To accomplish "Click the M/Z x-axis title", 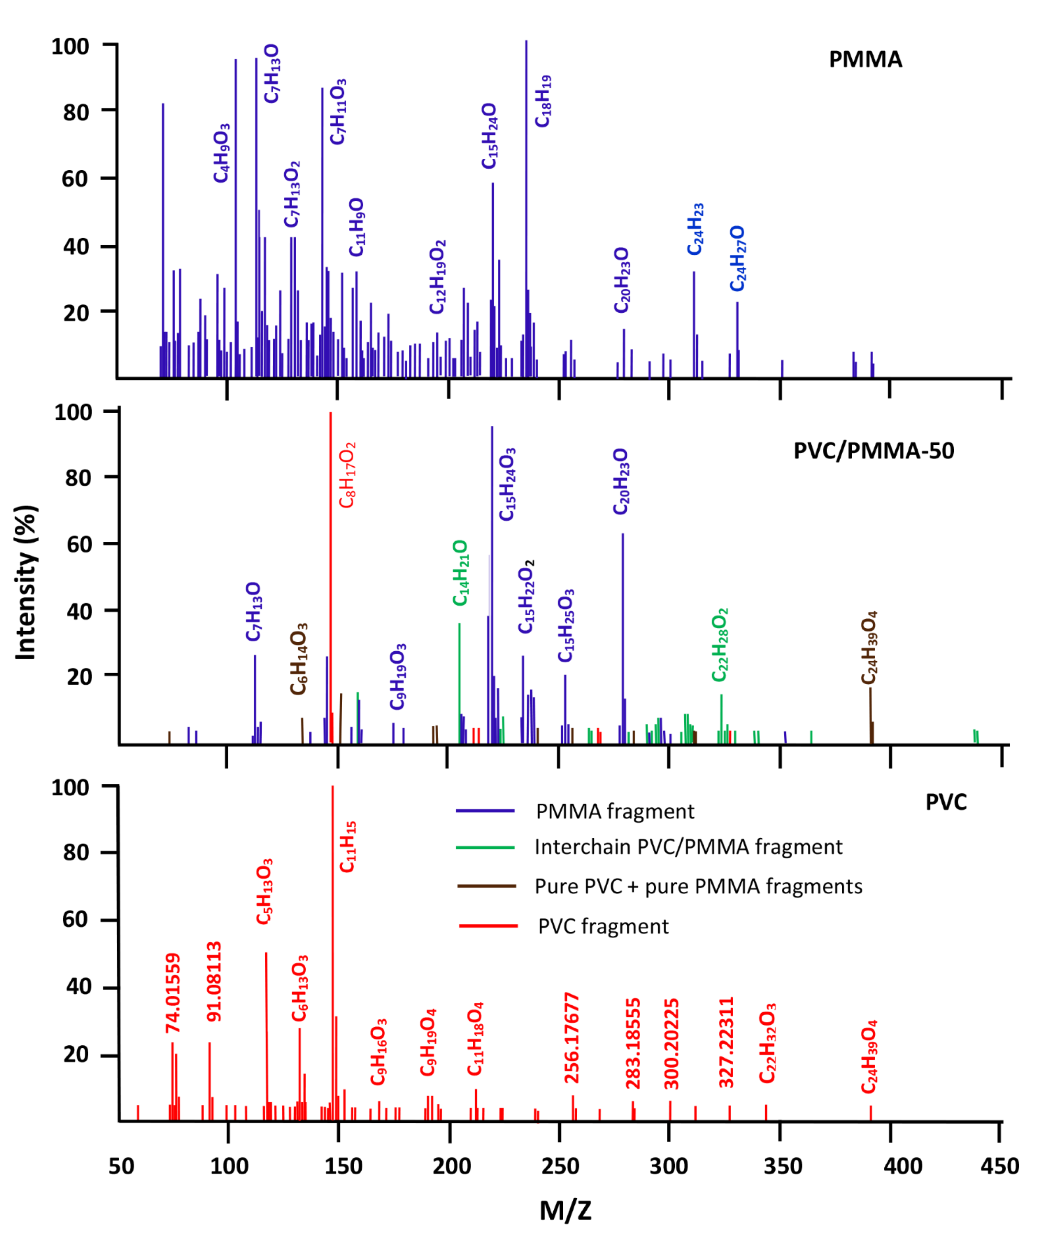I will pos(565,1210).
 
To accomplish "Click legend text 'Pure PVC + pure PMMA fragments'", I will pos(698,886).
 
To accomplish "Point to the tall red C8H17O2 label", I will pos(347,475).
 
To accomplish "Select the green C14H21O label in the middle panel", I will pos(460,573).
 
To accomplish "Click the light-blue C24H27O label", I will pos(737,258).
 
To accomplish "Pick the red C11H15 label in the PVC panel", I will pos(348,847).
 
